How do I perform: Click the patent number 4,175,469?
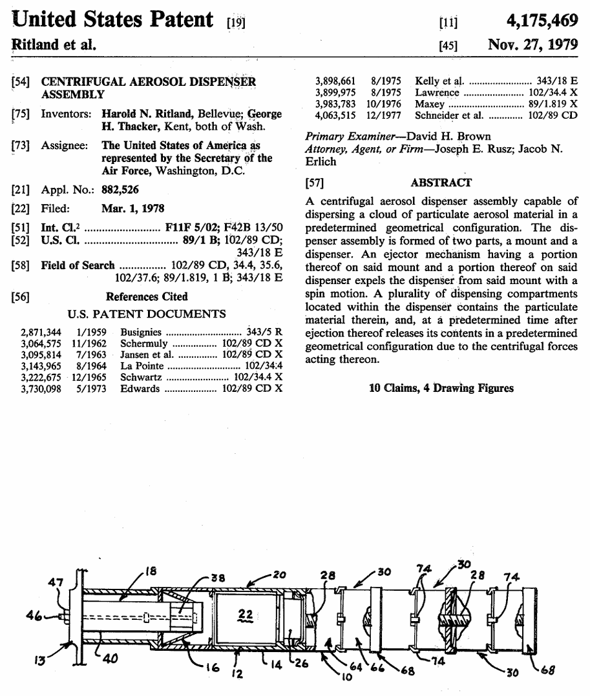point(542,21)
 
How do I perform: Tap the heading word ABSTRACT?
point(441,183)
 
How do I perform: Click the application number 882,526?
point(120,190)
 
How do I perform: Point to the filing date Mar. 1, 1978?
point(132,209)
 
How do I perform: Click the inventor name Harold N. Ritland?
point(146,114)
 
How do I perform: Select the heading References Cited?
point(147,297)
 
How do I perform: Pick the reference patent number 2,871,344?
point(41,333)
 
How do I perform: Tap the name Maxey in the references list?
point(430,104)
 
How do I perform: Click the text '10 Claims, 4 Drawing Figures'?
point(441,388)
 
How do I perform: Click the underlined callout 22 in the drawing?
point(245,616)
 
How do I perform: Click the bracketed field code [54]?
point(21,82)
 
